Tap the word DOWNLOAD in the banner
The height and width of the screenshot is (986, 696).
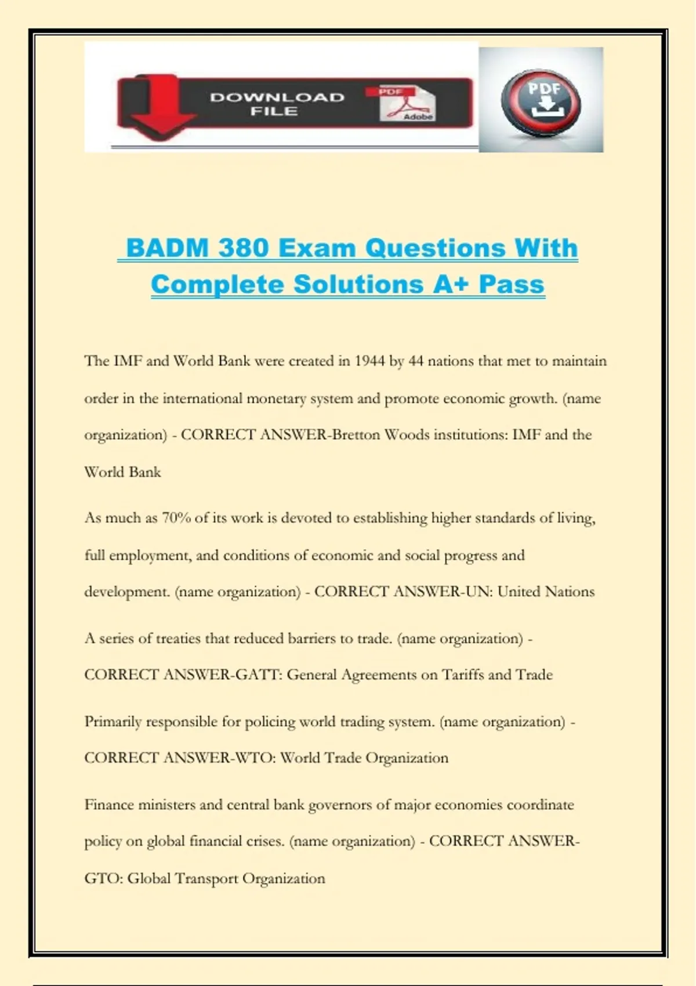[x=277, y=97]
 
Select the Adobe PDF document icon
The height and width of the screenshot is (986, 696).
[x=407, y=103]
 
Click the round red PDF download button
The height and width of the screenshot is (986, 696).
[x=540, y=102]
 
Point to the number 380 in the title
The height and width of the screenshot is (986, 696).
[x=244, y=248]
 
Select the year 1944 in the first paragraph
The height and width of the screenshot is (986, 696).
[x=369, y=361]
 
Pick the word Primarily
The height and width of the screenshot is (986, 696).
[x=113, y=722]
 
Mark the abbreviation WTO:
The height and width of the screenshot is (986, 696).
[x=255, y=758]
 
